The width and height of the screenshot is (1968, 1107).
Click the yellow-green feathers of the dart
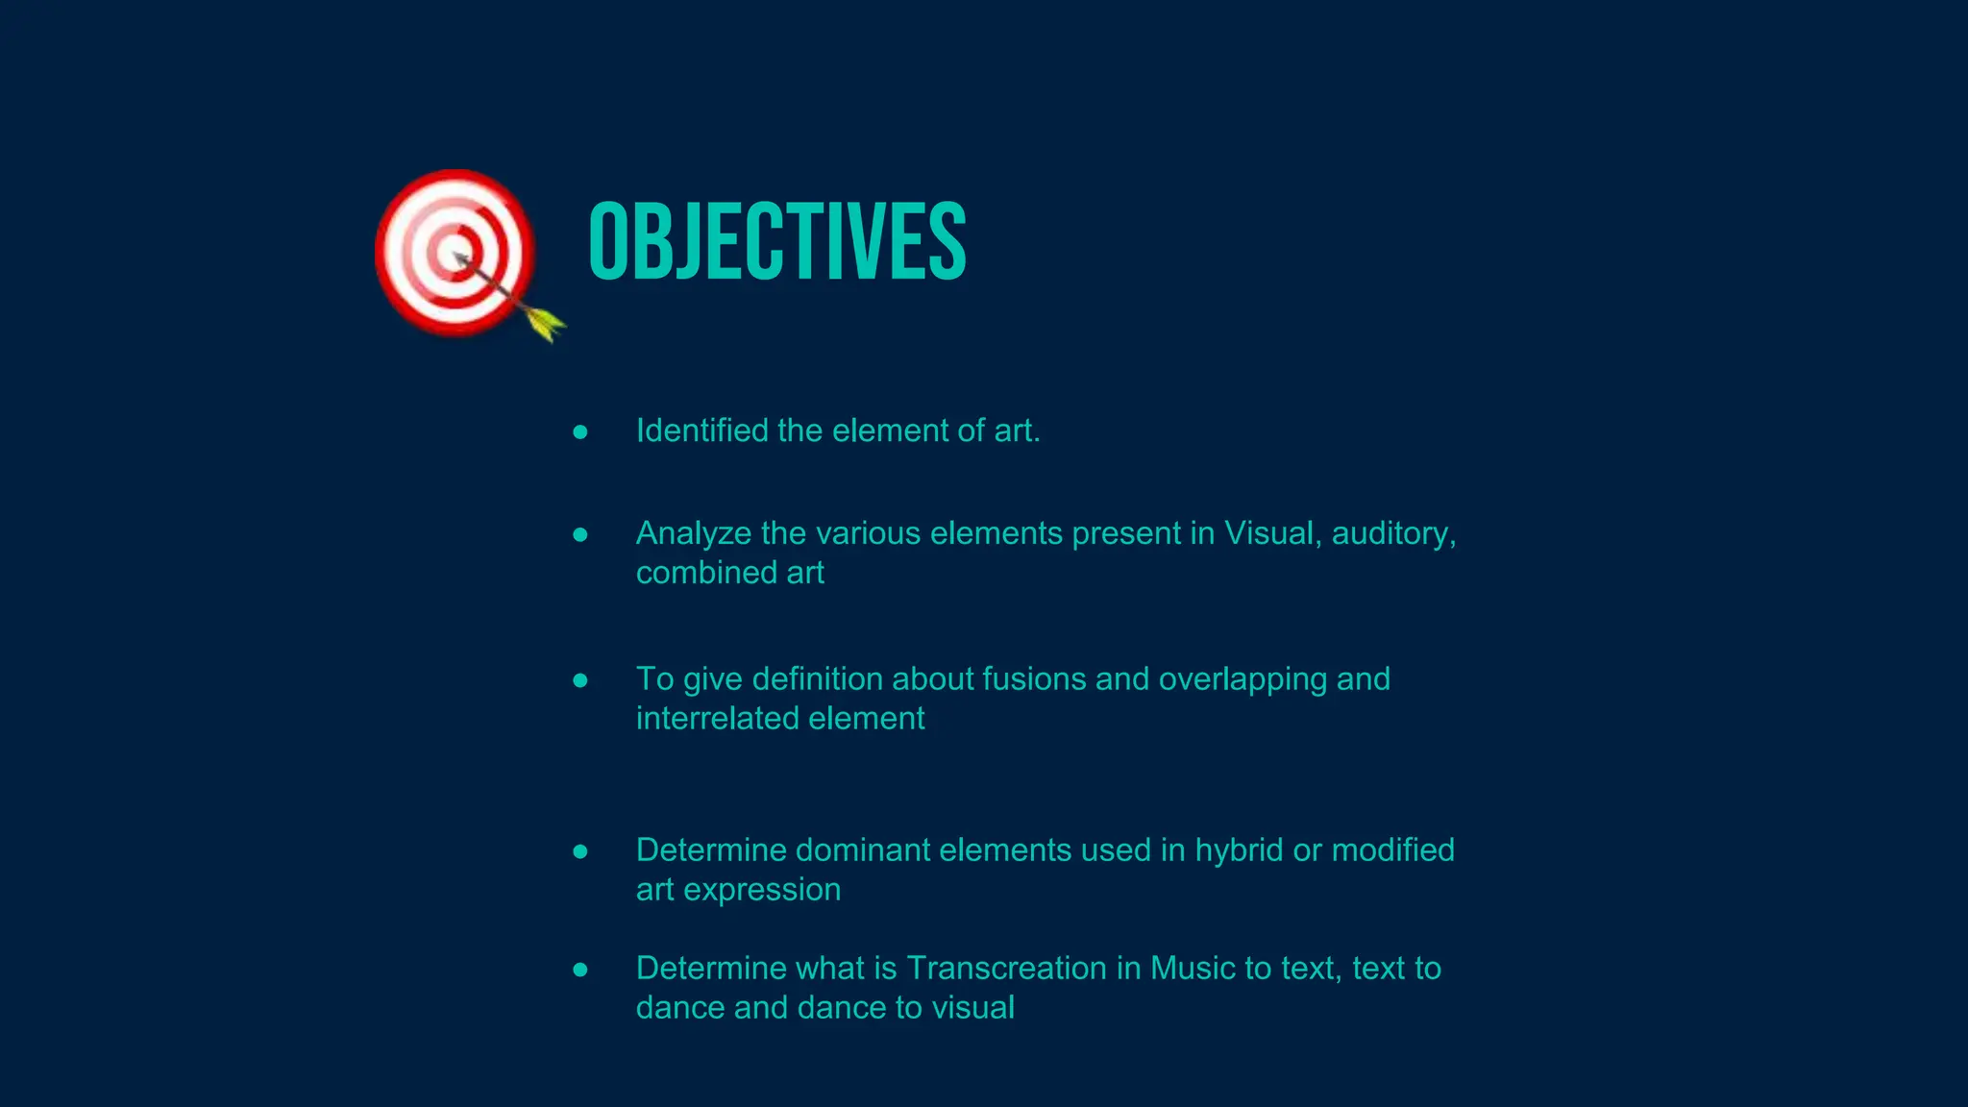pyautogui.click(x=546, y=323)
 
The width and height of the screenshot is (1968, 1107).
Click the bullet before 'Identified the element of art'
pyautogui.click(x=580, y=432)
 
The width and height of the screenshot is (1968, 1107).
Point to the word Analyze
pyautogui.click(x=693, y=533)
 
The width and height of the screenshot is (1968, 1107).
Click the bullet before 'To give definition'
pyautogui.click(x=580, y=680)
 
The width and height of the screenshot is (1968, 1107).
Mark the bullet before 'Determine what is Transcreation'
pyautogui.click(x=580, y=970)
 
